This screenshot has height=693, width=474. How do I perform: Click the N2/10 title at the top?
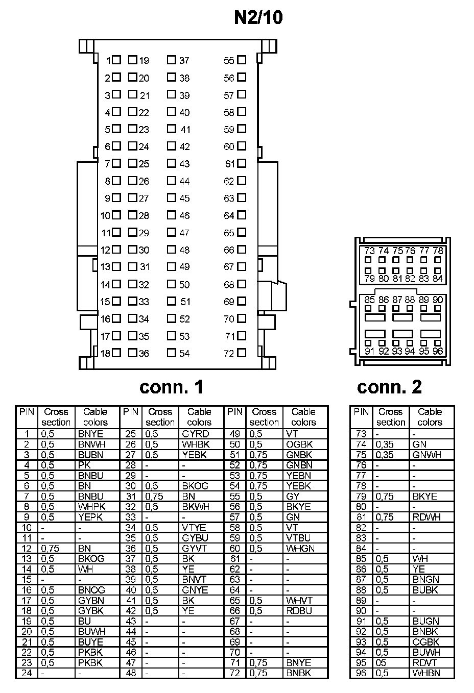click(258, 18)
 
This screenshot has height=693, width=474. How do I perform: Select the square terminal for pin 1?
click(116, 60)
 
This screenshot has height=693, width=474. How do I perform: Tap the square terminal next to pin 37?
click(172, 60)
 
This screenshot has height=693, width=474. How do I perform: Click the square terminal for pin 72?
click(242, 353)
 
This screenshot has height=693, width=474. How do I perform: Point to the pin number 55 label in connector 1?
click(228, 61)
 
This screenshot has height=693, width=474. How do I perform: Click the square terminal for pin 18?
click(116, 353)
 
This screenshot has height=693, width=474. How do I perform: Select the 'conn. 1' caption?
click(171, 387)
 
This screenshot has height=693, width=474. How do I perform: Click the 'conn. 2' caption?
click(389, 387)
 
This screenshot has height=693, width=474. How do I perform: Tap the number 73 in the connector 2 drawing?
click(369, 251)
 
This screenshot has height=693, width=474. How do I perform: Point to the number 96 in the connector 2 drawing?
click(438, 351)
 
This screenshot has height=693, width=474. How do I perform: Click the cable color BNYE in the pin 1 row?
click(90, 434)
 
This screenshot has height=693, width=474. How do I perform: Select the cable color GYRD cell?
click(195, 434)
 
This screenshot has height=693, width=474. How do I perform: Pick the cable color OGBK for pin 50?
click(299, 444)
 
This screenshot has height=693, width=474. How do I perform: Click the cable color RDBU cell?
click(299, 610)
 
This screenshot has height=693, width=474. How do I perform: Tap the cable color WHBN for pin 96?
click(426, 673)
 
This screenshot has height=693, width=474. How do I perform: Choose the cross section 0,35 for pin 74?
click(385, 444)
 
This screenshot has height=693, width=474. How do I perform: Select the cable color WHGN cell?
click(300, 548)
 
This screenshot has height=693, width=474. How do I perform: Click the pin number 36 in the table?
click(131, 548)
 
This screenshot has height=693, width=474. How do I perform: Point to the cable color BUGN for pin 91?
click(425, 621)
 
